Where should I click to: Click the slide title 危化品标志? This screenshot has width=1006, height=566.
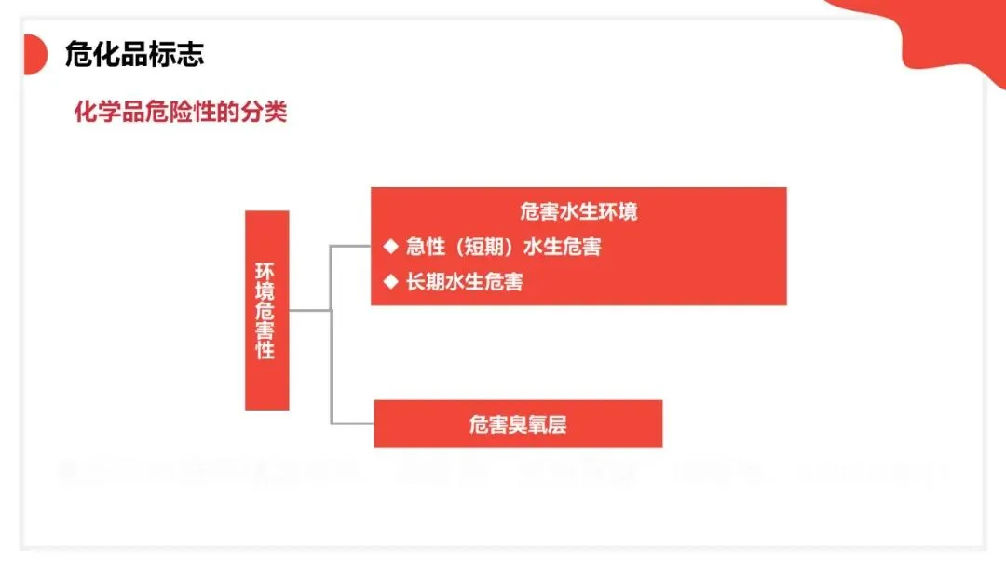coord(134,54)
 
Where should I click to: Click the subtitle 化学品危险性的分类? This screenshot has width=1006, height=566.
coord(181,113)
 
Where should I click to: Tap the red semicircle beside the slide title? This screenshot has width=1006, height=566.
coord(34,54)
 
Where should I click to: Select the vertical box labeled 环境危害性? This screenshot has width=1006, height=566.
coord(266,310)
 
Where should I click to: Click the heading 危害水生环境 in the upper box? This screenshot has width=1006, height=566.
coord(578,211)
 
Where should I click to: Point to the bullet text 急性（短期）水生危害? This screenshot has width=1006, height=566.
coord(503,247)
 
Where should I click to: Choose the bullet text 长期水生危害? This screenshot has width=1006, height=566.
coord(464,281)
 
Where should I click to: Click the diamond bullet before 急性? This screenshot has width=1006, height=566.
coord(390,247)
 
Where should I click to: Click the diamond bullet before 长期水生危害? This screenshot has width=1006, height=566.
coord(390,280)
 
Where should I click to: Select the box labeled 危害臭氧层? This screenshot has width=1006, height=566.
coord(518,424)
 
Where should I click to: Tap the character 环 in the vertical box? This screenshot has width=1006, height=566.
coord(265,271)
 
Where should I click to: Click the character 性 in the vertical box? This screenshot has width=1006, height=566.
coord(265,350)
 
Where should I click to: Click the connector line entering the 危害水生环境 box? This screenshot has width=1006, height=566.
coord(351,247)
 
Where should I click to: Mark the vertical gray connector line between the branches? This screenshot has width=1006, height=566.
coord(332,335)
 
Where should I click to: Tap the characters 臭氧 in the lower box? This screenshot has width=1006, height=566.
coord(527,424)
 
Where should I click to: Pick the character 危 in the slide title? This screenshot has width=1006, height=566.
coord(77,54)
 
